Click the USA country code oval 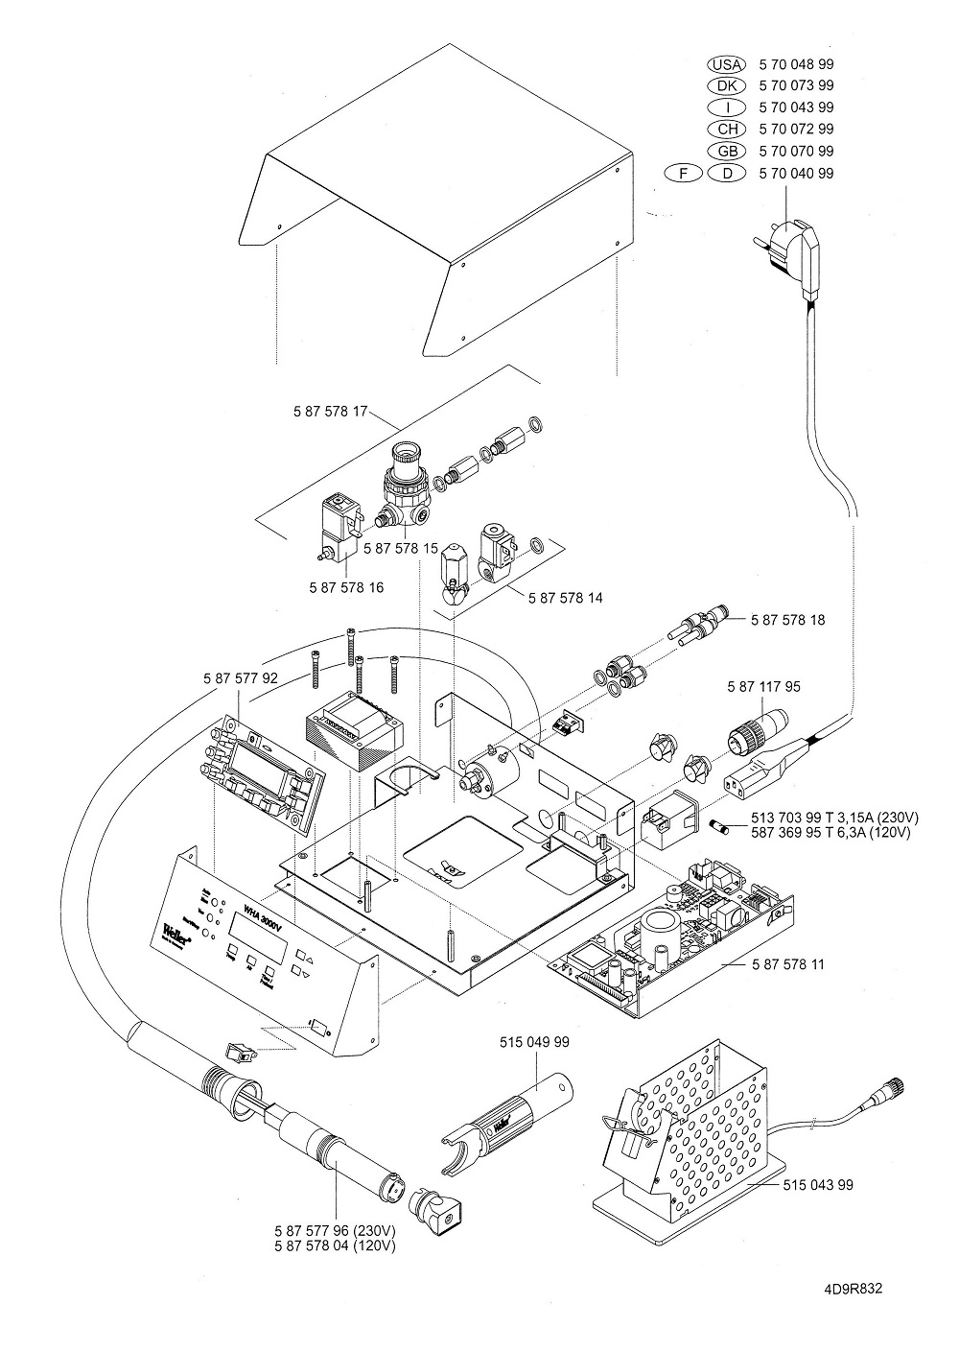[725, 64]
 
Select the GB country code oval [725, 151]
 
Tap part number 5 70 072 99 [795, 129]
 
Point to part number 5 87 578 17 [331, 411]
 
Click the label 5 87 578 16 [346, 586]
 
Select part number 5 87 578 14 [566, 597]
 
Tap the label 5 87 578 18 [787, 620]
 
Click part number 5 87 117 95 [764, 687]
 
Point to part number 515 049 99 [535, 1041]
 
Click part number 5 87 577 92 [241, 677]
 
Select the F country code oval [682, 173]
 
